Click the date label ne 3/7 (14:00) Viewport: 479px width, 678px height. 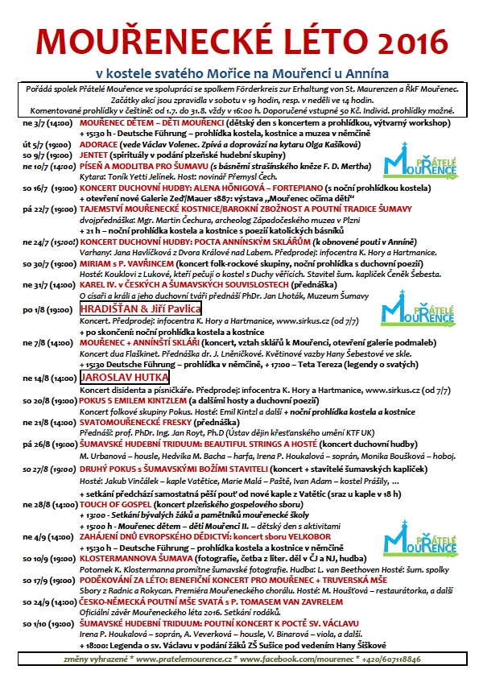pos(49,122)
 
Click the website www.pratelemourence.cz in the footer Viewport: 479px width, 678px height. pos(180,659)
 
